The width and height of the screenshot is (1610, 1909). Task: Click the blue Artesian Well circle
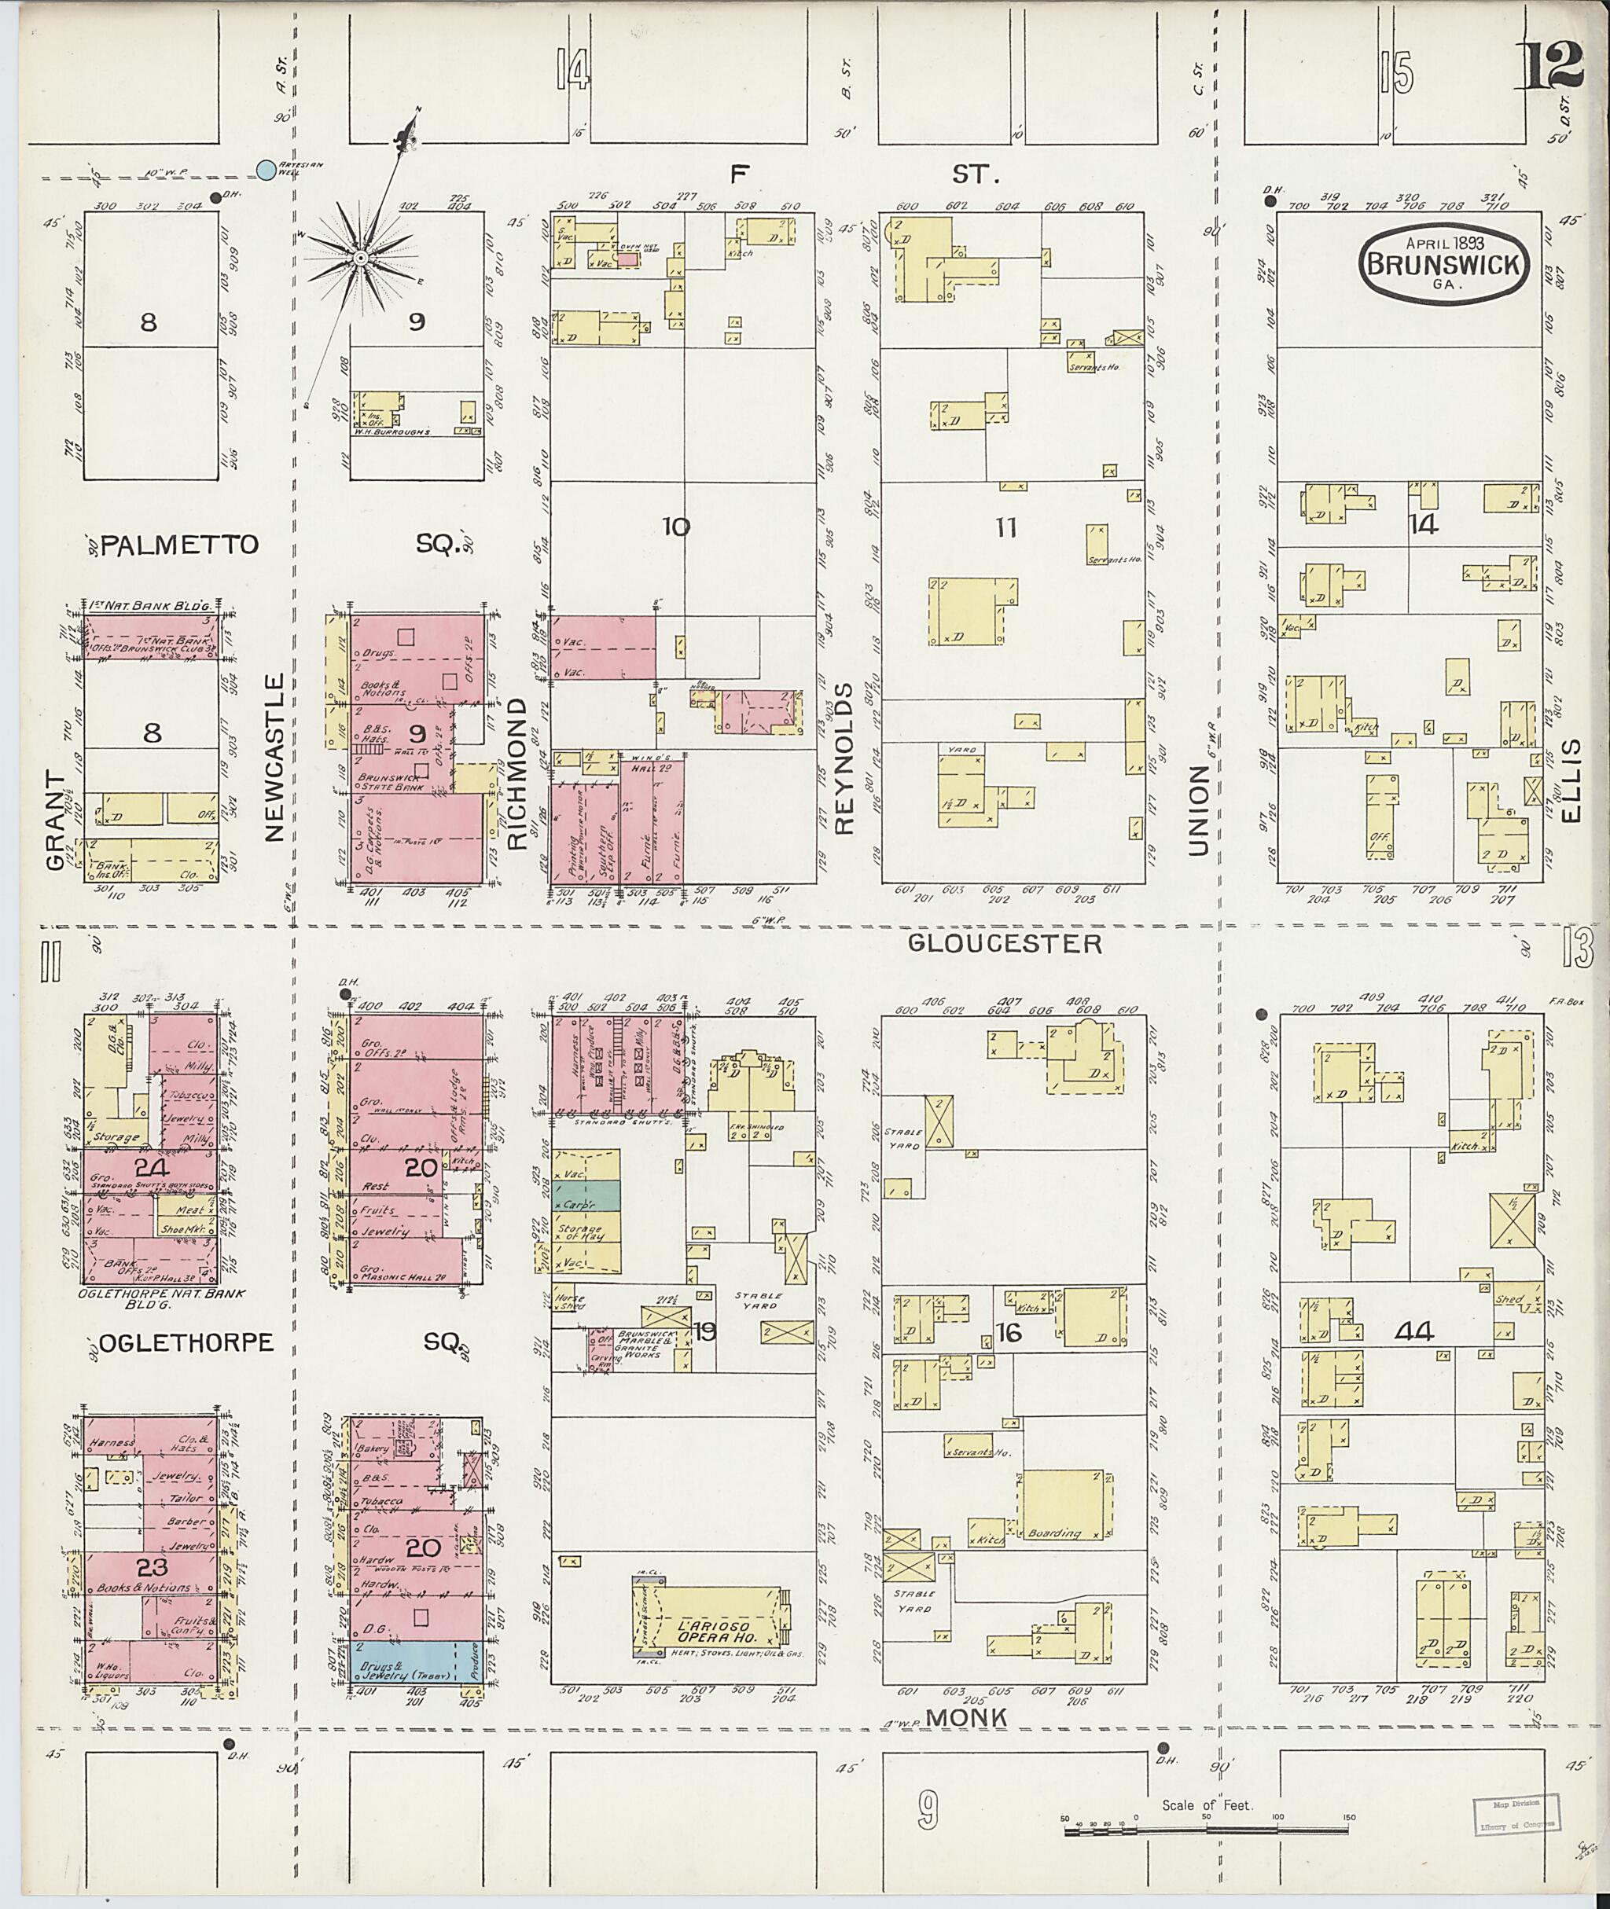266,169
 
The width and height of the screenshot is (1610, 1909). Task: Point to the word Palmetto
180,545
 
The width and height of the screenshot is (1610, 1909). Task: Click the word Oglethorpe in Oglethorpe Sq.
185,1342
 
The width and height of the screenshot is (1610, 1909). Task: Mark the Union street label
1196,810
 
